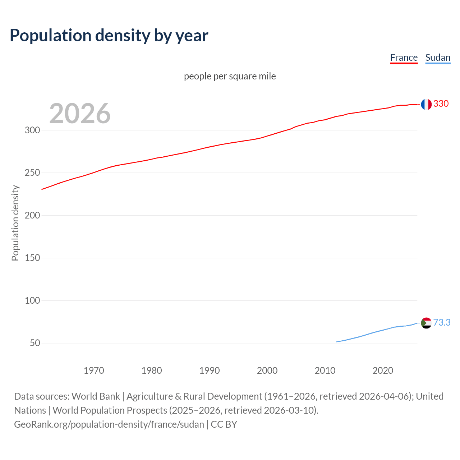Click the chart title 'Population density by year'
[109, 35]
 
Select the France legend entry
[404, 57]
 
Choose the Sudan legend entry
[437, 57]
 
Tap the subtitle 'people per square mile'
[230, 76]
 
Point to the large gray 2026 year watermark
[80, 114]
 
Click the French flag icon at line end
[426, 104]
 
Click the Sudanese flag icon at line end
[426, 323]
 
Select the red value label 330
[441, 104]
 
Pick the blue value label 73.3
[442, 322]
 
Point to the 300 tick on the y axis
[32, 130]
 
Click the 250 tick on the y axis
[32, 173]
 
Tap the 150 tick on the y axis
[32, 258]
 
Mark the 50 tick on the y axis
[35, 343]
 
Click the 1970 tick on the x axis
[94, 371]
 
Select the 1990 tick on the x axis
[210, 371]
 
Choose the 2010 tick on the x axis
[325, 371]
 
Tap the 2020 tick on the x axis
[383, 371]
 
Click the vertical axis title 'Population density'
[15, 223]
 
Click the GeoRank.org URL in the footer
[109, 424]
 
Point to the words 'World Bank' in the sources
[96, 396]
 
